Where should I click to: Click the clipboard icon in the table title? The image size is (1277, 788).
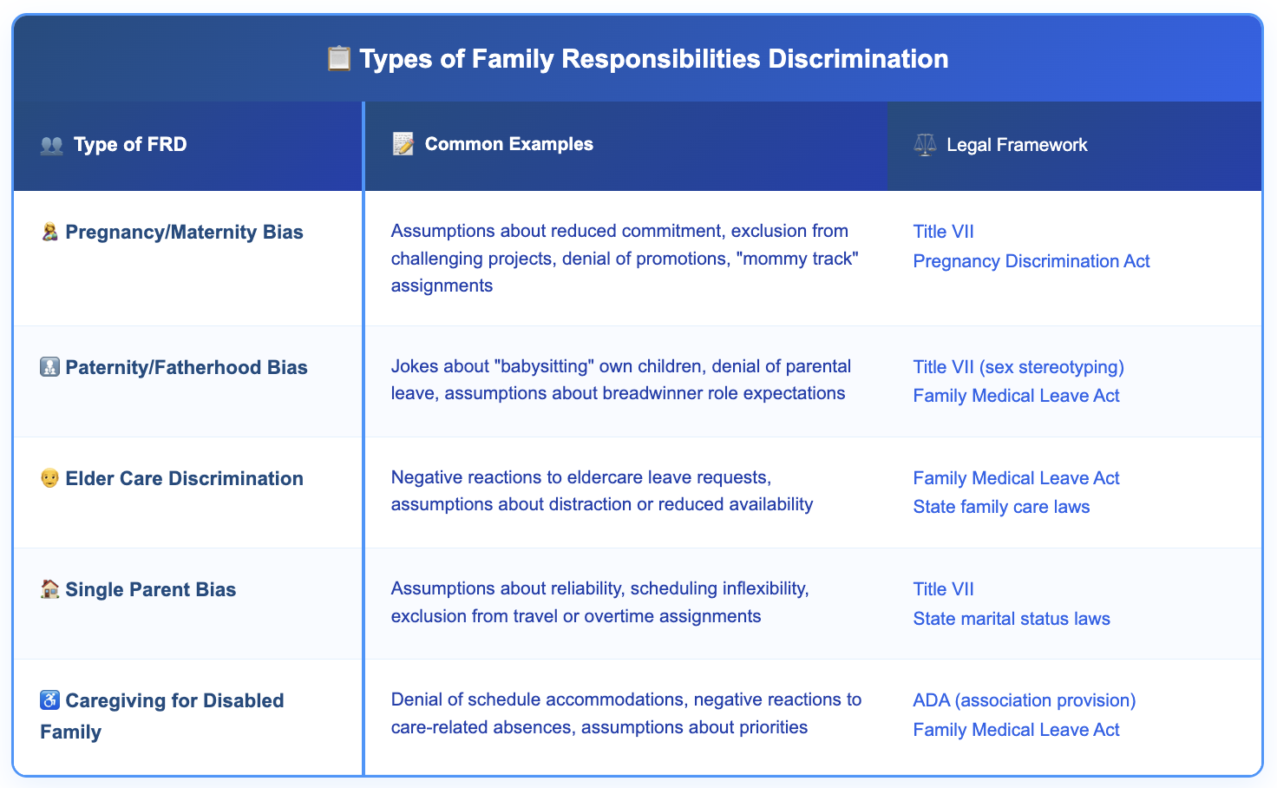[338, 59]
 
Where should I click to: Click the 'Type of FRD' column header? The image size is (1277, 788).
[130, 145]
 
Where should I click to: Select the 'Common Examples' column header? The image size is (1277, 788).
[508, 145]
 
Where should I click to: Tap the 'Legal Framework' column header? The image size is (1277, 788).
[1017, 145]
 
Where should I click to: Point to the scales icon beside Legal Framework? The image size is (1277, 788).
[925, 145]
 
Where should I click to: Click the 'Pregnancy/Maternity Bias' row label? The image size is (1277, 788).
[184, 233]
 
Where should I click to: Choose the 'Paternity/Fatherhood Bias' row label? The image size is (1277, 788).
[187, 368]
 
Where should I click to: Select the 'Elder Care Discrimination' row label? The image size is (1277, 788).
[184, 479]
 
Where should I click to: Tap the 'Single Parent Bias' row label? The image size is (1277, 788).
[150, 590]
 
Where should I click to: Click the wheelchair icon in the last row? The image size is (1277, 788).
[50, 700]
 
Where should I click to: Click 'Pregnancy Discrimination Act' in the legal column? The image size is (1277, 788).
[1031, 261]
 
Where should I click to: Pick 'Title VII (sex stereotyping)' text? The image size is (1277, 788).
[1018, 367]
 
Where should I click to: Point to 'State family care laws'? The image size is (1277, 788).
[1001, 507]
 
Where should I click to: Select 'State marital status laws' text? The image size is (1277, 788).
[1012, 619]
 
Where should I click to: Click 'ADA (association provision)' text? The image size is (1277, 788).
[1024, 700]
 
